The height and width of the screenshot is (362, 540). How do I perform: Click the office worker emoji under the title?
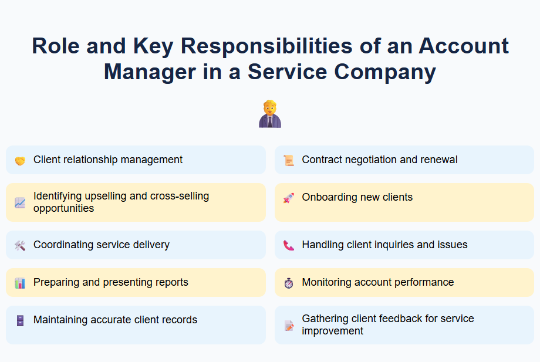tap(270, 114)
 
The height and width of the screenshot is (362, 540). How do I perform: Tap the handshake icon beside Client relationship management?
tap(20, 160)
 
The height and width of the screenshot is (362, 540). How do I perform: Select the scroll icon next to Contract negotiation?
tap(288, 160)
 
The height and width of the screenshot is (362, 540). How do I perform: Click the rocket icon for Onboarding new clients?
tap(288, 198)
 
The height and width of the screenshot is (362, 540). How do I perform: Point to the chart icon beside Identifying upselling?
tap(20, 202)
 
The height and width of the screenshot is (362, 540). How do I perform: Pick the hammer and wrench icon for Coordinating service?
tap(20, 245)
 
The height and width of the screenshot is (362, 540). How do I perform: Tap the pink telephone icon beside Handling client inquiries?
tap(288, 245)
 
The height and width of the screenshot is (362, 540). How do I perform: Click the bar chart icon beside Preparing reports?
tap(20, 283)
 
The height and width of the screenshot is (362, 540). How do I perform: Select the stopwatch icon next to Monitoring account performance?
tap(288, 283)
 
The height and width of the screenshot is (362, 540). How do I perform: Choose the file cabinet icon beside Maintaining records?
tap(20, 320)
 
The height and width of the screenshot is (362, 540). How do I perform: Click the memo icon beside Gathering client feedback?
tap(288, 325)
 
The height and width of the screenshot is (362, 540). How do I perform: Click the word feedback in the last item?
tap(404, 319)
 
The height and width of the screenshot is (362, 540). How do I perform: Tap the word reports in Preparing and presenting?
tap(170, 282)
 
